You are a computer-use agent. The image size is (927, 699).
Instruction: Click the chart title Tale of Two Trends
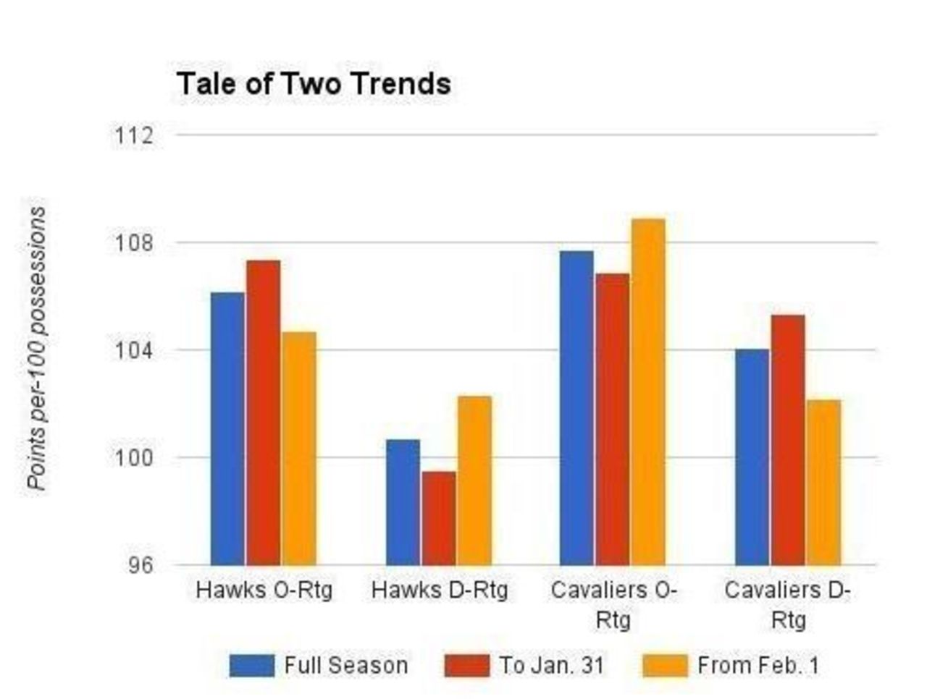pos(314,84)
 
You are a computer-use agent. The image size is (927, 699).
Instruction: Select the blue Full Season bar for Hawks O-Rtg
pos(227,428)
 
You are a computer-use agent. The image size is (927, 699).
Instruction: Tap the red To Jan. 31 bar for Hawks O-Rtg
pos(263,412)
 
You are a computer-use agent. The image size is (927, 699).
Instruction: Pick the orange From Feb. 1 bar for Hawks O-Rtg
pos(299,449)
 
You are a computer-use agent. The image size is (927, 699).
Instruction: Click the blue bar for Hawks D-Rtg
pos(403,502)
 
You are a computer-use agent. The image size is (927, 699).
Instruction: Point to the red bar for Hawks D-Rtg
pos(439,518)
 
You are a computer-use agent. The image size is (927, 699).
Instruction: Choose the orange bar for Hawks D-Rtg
pos(474,480)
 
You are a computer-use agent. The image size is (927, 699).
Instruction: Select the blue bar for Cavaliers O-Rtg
pos(576,408)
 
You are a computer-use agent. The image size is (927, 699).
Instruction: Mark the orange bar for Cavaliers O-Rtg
pos(647,391)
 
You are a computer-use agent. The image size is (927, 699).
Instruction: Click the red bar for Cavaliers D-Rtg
pos(787,440)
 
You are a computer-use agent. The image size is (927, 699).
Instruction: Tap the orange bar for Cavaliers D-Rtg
pos(823,482)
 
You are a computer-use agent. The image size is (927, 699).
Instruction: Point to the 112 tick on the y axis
pos(134,135)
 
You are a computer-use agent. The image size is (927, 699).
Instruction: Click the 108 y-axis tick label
pos(134,242)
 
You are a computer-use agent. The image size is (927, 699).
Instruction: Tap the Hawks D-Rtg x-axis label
pos(439,590)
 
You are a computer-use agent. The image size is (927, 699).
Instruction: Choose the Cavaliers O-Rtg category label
pos(613,604)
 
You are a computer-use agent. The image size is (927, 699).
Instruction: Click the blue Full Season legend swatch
pos(252,666)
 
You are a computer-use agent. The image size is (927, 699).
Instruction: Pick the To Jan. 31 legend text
pos(551,666)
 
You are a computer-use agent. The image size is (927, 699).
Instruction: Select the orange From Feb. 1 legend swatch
pos(665,666)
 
